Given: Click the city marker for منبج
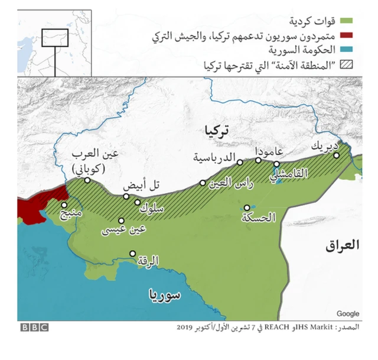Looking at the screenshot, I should click(x=64, y=205).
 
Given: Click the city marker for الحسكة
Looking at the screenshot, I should click(x=246, y=207).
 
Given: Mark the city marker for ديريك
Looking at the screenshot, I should click(x=337, y=155).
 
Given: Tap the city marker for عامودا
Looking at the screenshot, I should click(x=258, y=160).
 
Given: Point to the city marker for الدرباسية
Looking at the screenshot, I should click(x=240, y=163).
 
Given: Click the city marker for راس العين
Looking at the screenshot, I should click(x=203, y=183).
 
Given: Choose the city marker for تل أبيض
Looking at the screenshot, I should click(x=126, y=196).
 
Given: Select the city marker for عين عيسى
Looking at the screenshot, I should click(x=121, y=220).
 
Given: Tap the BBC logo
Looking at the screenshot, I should click(x=34, y=327).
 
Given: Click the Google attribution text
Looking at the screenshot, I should click(x=348, y=313).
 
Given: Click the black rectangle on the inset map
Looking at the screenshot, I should click(x=55, y=38).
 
